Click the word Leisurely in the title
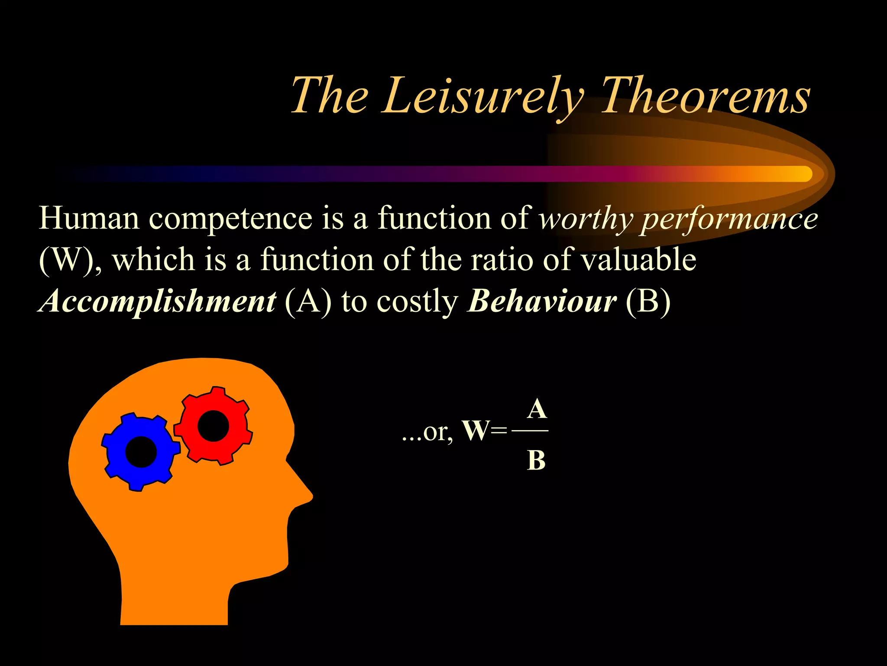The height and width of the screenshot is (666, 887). [483, 96]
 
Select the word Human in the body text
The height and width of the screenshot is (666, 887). [89, 218]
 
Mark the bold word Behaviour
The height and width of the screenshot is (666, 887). [542, 301]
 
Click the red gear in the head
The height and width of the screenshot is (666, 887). [213, 425]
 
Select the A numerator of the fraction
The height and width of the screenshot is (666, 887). [537, 409]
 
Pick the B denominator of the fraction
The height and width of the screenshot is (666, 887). [536, 460]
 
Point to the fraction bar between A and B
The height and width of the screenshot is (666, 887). [530, 431]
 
